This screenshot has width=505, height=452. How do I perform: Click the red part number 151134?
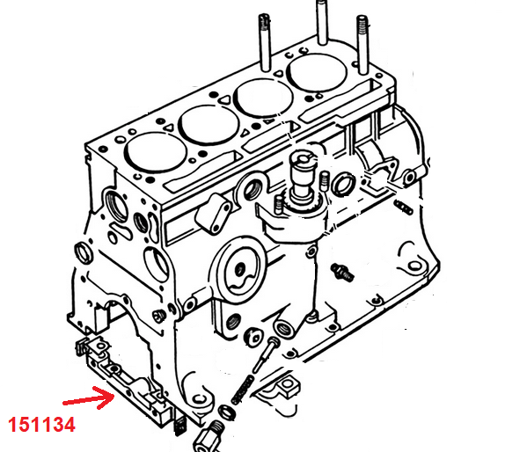pyautogui.click(x=41, y=425)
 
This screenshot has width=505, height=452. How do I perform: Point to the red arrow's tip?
pyautogui.click(x=114, y=396)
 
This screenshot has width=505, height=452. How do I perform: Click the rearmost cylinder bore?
pyautogui.click(x=317, y=72)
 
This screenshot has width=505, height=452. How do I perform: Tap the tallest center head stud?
pyautogui.click(x=322, y=21)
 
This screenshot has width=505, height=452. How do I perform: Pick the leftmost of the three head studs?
pyautogui.click(x=264, y=42)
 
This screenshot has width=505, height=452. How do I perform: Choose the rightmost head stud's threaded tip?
pyautogui.click(x=362, y=23)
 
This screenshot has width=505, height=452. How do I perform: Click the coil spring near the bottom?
pyautogui.click(x=244, y=390)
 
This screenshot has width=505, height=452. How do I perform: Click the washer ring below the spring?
pyautogui.click(x=227, y=412)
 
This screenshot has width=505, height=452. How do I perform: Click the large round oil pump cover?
pyautogui.click(x=239, y=270)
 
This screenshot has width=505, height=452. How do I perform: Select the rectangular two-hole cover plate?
pyautogui.click(x=214, y=212)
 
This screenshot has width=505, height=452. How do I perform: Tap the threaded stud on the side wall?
pyautogui.click(x=343, y=273)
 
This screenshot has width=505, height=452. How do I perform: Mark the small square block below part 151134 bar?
pyautogui.click(x=179, y=426)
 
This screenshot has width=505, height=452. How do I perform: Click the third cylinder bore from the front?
pyautogui.click(x=263, y=98)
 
